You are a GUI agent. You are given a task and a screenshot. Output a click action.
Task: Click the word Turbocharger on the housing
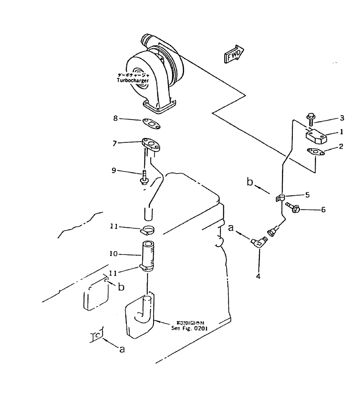[132, 80]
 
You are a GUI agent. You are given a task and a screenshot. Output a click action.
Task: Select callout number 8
[115, 118]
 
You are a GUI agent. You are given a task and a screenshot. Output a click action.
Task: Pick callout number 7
[115, 142]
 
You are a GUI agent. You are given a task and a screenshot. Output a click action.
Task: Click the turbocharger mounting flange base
[160, 109]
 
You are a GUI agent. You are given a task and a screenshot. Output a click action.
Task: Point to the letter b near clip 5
[250, 183]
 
